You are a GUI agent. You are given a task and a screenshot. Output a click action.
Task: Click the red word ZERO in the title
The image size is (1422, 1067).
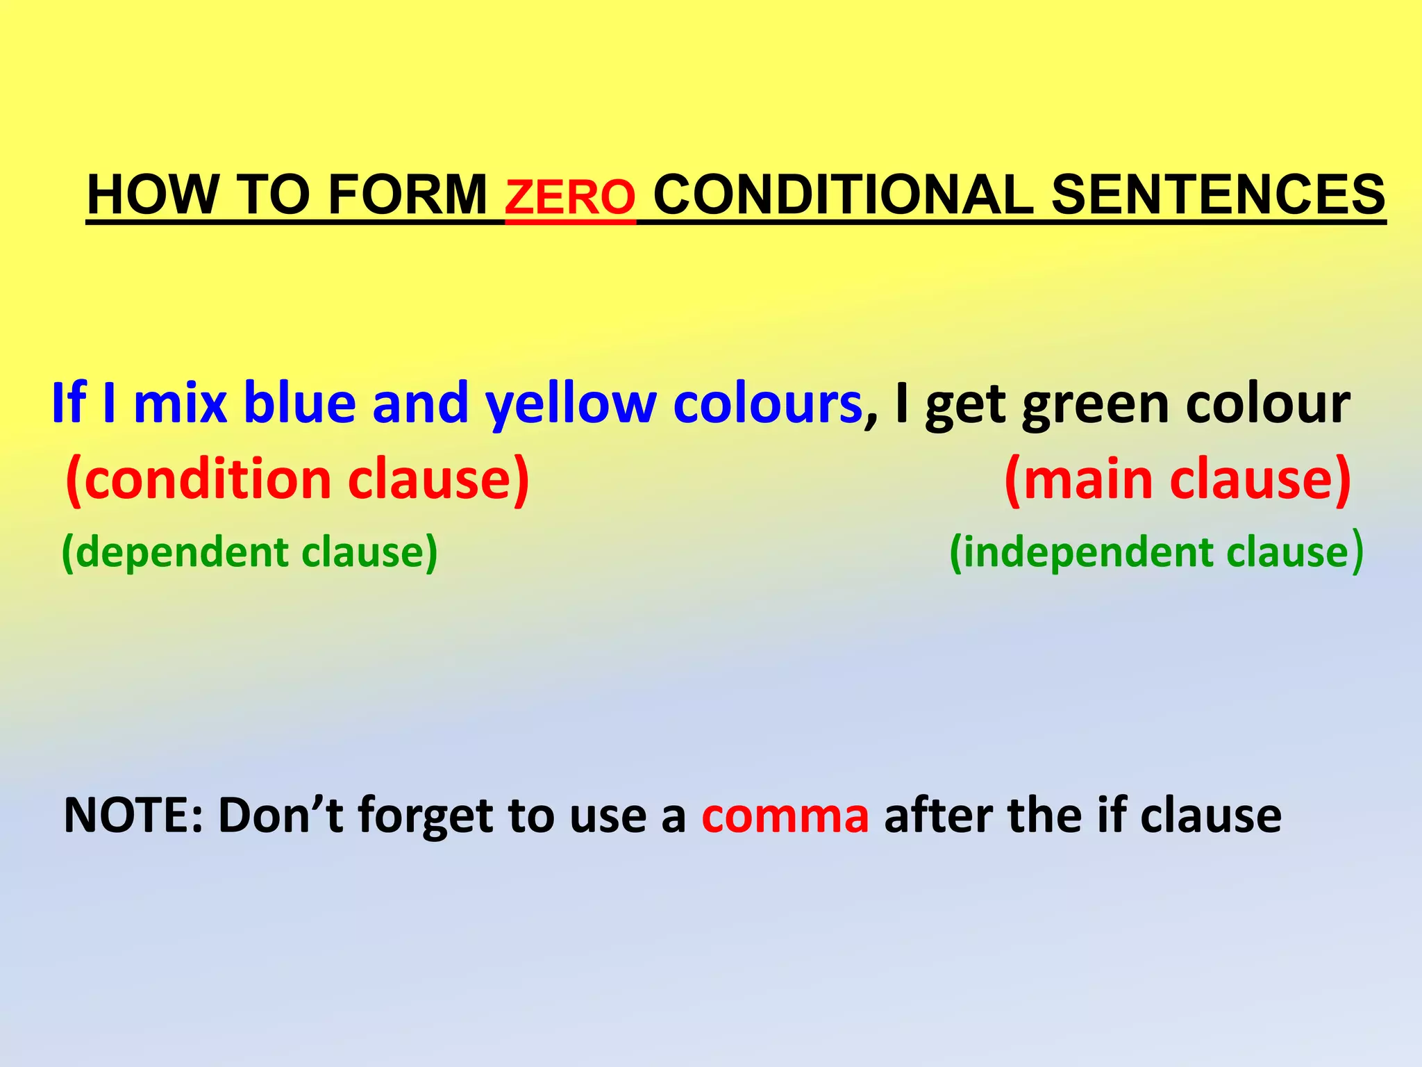click(x=569, y=197)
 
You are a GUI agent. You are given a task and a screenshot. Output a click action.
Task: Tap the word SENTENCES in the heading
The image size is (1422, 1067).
click(x=1218, y=195)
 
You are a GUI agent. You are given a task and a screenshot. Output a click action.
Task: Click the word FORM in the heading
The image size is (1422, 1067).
click(x=407, y=195)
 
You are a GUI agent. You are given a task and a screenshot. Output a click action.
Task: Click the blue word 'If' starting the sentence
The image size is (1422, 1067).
click(x=68, y=403)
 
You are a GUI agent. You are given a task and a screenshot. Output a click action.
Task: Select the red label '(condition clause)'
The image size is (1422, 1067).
click(x=297, y=479)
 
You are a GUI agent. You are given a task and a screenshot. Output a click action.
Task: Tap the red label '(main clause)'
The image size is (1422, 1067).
click(x=1178, y=479)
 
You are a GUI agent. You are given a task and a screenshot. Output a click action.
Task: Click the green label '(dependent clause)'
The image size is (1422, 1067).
click(x=250, y=553)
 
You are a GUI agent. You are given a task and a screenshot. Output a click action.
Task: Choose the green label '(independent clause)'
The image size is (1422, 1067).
click(x=1156, y=553)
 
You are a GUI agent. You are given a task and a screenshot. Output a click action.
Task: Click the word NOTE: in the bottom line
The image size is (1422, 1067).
click(x=133, y=814)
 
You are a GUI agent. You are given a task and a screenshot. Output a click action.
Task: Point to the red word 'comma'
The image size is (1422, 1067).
click(x=785, y=816)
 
